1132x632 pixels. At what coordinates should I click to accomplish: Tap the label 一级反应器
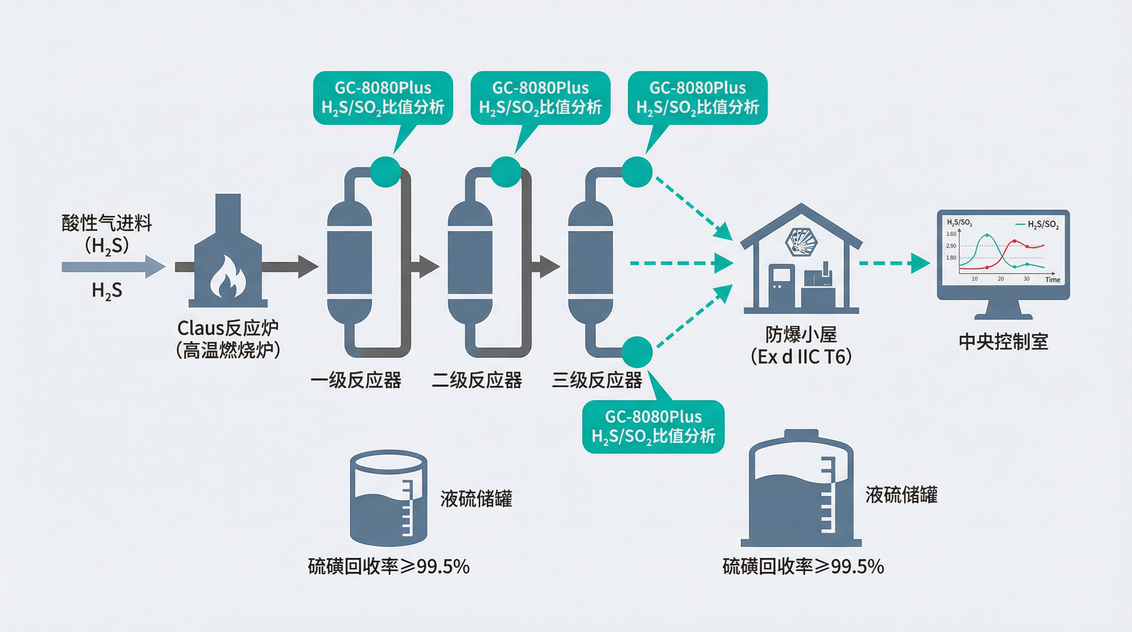click(355, 380)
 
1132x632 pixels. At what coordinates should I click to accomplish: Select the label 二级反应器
click(477, 380)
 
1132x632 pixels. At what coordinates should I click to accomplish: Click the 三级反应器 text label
click(597, 380)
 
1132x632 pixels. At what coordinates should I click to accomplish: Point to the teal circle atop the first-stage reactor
click(385, 172)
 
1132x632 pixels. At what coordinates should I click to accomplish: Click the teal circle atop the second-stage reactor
click(506, 172)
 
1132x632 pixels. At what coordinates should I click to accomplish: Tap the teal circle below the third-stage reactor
click(637, 352)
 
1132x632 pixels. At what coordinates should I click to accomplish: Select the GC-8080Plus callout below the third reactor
click(653, 426)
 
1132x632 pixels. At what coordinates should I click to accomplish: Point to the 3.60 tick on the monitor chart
click(951, 234)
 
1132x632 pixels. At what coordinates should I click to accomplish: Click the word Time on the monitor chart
click(1053, 280)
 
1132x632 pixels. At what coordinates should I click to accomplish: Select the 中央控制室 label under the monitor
click(1003, 342)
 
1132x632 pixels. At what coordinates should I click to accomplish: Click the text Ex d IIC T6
click(801, 357)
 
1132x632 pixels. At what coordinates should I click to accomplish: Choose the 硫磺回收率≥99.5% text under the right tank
click(803, 567)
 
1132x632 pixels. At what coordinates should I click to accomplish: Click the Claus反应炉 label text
click(227, 328)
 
